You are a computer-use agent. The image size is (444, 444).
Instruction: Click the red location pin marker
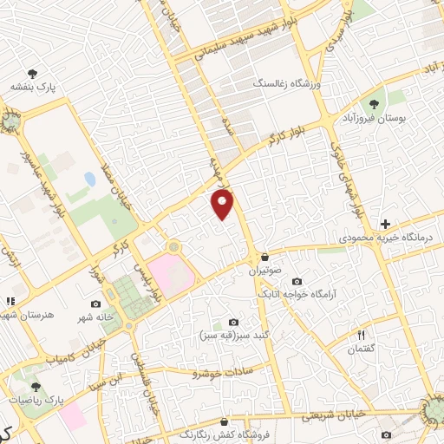(x=223, y=205)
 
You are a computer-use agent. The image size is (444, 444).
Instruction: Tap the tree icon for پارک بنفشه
(x=33, y=74)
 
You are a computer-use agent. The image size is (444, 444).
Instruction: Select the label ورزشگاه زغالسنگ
(x=286, y=84)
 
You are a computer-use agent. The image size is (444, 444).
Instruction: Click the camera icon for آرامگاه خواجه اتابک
(x=297, y=281)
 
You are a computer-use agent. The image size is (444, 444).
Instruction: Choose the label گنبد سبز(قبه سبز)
(x=233, y=335)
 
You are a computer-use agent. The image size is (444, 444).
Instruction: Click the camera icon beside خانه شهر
(x=95, y=304)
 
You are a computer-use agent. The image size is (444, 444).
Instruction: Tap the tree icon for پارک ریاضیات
(x=35, y=388)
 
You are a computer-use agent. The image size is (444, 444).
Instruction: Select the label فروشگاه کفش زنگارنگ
(x=221, y=431)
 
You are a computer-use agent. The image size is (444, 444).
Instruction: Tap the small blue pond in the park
(x=89, y=180)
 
